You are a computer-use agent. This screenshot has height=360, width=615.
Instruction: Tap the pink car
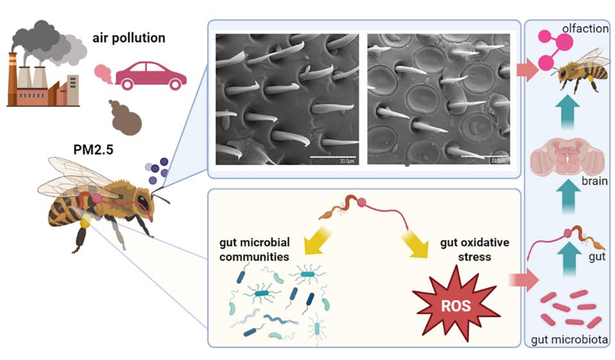[151, 76]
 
